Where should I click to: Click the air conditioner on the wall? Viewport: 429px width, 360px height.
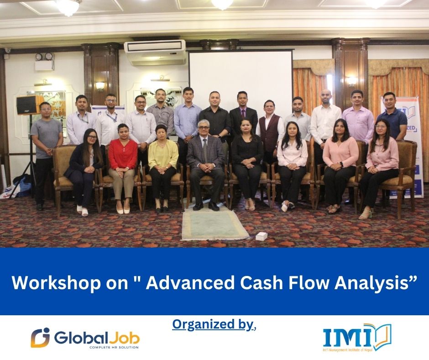click(155, 53)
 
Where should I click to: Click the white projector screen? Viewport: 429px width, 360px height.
click(241, 78)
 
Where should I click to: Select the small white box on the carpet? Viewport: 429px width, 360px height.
click(261, 236)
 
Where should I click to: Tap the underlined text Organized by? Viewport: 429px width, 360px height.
click(213, 324)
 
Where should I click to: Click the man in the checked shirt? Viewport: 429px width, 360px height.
click(160, 114)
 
